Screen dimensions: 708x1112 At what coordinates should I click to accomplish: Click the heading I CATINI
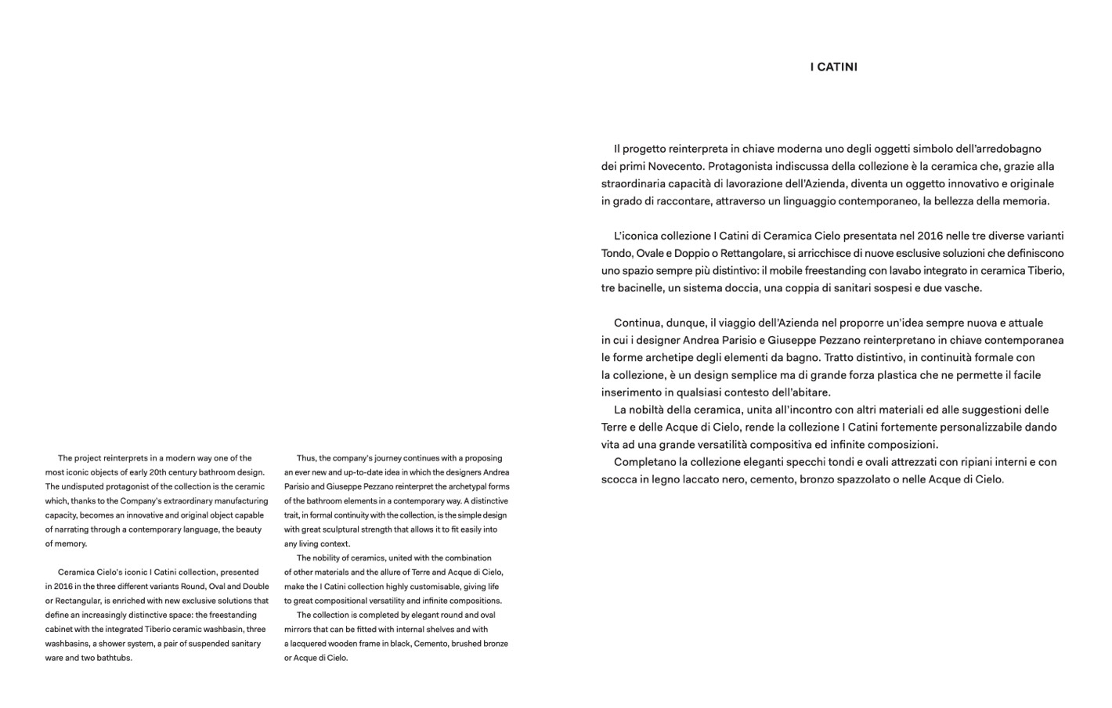click(833, 67)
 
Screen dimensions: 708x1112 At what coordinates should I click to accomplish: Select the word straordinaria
click(635, 184)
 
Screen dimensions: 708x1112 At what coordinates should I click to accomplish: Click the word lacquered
click(308, 644)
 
